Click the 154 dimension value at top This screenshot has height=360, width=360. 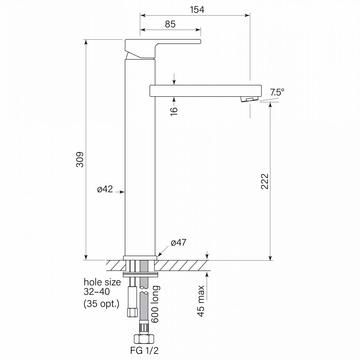click(197, 10)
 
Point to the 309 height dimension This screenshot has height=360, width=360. click(80, 159)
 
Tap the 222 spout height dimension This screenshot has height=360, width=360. click(265, 181)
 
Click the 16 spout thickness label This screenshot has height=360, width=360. click(174, 110)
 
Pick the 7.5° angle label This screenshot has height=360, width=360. click(277, 93)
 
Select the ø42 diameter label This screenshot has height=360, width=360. click(105, 190)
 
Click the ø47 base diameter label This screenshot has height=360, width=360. click(178, 243)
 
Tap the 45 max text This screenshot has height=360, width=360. click(201, 301)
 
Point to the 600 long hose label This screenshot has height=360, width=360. click(156, 304)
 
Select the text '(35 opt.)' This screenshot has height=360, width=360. click(101, 304)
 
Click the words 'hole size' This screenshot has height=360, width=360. click(102, 282)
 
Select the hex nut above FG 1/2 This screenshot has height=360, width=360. click(144, 339)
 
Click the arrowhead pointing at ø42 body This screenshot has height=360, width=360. click(122, 192)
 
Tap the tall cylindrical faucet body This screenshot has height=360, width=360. click(140, 157)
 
